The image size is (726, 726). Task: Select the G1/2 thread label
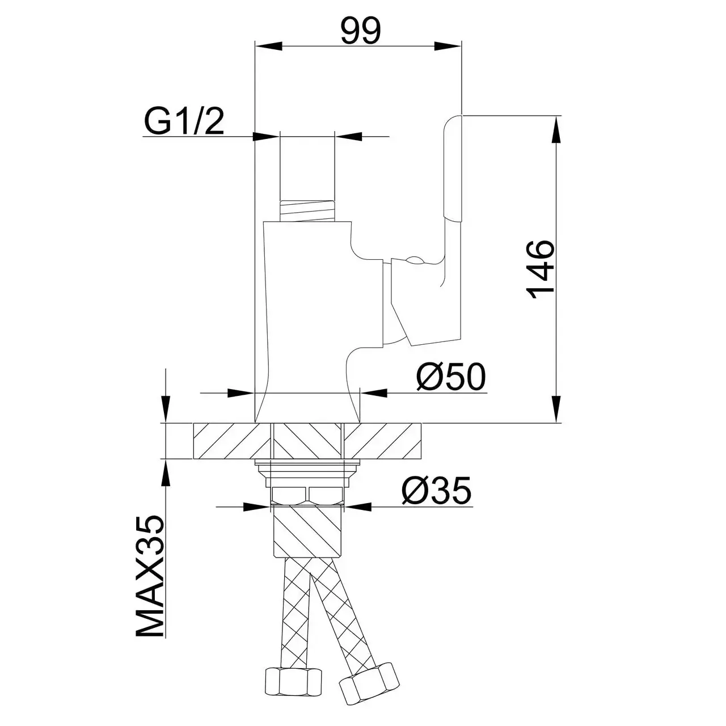[x=184, y=122]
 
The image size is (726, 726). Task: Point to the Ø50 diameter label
[x=451, y=377]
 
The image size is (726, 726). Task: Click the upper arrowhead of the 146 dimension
[x=556, y=129]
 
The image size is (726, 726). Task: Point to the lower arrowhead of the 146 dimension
[x=556, y=409]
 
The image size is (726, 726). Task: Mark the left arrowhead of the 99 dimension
[x=269, y=47]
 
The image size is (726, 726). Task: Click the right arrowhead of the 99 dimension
[x=448, y=47]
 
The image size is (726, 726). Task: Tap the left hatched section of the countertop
[x=232, y=441]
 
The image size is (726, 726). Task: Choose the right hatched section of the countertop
[x=383, y=441]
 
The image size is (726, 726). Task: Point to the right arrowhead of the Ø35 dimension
[x=357, y=506]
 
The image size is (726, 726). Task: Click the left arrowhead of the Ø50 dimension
[x=241, y=393]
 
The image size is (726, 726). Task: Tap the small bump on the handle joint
[x=415, y=259]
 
